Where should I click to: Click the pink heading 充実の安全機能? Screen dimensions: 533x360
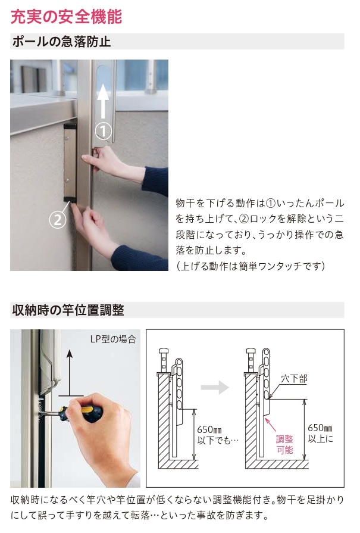click(66, 16)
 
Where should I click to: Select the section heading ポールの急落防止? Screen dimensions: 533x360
click(61, 42)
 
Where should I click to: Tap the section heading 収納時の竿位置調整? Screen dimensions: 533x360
click(67, 310)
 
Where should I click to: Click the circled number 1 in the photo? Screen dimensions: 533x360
click(104, 130)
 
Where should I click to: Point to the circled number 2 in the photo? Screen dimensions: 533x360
click(57, 219)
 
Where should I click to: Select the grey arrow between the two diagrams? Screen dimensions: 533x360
click(215, 387)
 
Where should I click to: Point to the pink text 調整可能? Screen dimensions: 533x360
click(285, 444)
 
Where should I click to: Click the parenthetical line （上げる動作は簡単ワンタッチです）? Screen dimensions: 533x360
click(251, 266)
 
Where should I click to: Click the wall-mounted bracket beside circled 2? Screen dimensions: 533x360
click(70, 163)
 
